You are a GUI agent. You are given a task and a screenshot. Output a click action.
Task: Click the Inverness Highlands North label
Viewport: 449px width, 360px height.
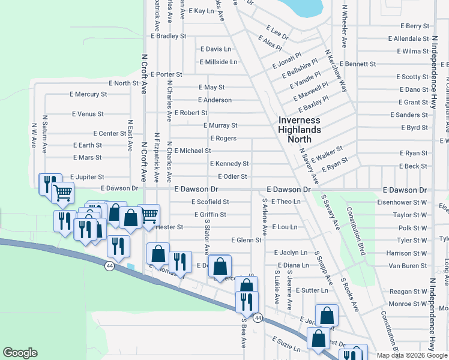click(300, 129)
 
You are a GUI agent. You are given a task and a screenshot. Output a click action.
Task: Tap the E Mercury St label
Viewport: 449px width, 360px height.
click(88, 94)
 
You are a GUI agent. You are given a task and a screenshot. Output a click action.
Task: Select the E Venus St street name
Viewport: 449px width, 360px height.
click(88, 113)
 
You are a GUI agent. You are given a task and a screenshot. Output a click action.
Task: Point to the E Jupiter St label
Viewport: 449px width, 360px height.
click(87, 177)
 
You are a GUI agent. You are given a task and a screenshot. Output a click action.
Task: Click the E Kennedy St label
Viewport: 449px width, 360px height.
click(229, 164)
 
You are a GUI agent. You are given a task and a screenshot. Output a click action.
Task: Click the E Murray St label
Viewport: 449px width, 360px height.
click(221, 125)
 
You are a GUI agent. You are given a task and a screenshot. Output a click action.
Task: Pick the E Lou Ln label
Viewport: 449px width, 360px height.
click(285, 227)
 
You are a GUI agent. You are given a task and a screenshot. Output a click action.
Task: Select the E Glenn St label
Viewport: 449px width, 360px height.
click(247, 240)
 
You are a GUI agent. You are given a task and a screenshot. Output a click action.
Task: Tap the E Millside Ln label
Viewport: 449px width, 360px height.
click(218, 62)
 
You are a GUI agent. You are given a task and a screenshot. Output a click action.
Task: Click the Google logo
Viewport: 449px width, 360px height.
click(20, 353)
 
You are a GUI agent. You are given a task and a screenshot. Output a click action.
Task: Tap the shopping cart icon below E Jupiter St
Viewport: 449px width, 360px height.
click(63, 193)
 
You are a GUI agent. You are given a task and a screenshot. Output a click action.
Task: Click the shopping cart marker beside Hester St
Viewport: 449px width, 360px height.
click(149, 214)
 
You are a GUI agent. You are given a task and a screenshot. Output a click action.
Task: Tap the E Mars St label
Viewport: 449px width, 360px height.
click(88, 158)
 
